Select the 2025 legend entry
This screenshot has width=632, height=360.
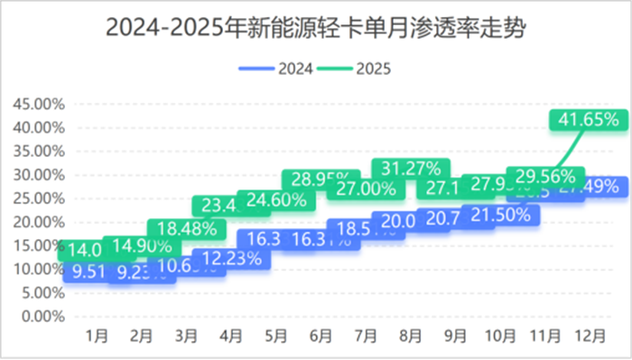pyautogui.click(x=353, y=68)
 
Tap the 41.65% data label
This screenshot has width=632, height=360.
pyautogui.click(x=588, y=119)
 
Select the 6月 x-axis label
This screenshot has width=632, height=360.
pyautogui.click(x=321, y=337)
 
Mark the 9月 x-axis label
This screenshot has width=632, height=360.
pyautogui.click(x=455, y=337)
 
